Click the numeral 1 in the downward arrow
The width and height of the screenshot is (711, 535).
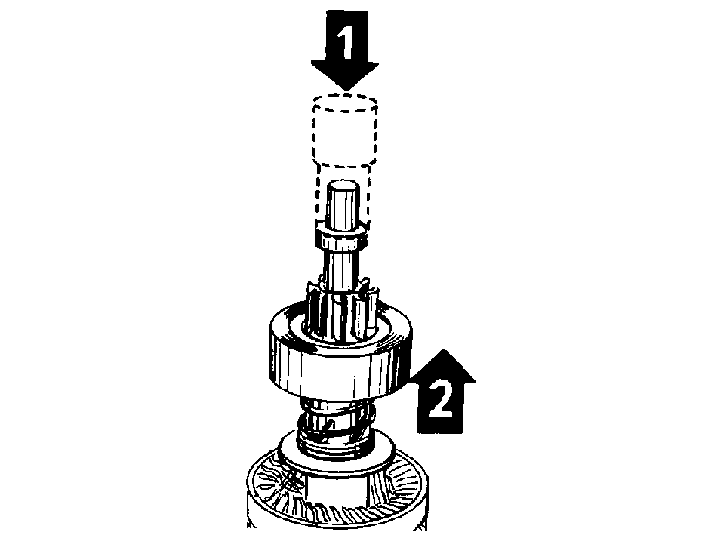[346, 42]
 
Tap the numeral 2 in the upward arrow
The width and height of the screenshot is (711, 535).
[440, 399]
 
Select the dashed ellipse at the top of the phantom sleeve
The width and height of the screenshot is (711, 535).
[345, 103]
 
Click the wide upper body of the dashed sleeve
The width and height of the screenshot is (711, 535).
[345, 131]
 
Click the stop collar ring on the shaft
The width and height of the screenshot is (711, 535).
[340, 238]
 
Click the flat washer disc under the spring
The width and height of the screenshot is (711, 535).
[337, 454]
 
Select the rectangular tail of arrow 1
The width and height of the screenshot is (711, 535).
[346, 36]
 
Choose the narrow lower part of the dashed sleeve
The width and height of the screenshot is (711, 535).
[343, 195]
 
